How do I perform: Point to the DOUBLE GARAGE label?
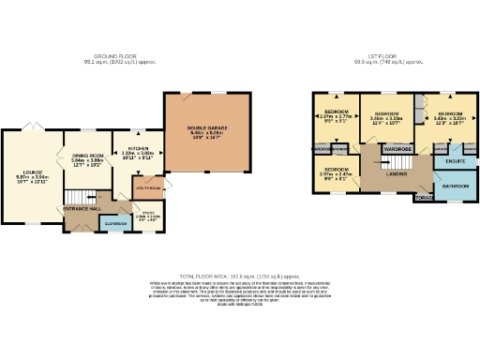click(207, 130)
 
